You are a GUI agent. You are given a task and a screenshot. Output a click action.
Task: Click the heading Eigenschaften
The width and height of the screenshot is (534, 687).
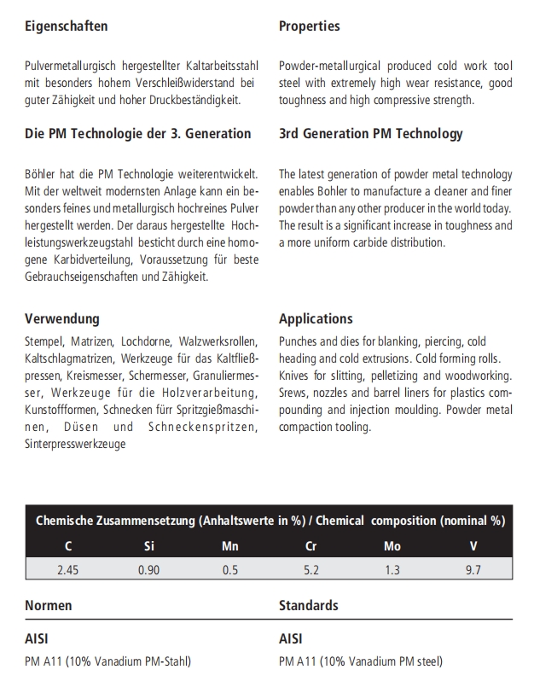point(67,26)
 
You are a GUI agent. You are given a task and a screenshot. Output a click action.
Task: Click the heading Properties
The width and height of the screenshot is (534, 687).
point(309,26)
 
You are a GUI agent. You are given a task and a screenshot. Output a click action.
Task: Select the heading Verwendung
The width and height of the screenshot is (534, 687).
point(62,319)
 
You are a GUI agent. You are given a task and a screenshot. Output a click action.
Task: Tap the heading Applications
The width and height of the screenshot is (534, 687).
point(316,319)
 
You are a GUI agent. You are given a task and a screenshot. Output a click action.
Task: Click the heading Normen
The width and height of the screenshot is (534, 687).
point(49,605)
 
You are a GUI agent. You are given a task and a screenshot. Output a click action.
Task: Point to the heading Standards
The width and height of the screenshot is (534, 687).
point(308,605)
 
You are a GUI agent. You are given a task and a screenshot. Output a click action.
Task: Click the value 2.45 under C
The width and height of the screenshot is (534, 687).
point(67,570)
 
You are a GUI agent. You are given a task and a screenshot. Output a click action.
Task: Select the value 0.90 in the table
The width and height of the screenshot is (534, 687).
point(148,570)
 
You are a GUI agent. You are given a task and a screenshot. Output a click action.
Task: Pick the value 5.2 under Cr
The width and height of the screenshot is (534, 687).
point(311,570)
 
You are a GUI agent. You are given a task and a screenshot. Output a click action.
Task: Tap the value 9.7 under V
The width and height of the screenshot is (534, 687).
point(473,570)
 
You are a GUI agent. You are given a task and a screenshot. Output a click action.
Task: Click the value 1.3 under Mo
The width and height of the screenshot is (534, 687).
point(392,570)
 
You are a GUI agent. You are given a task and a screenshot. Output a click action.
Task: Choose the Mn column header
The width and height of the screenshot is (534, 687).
point(230,546)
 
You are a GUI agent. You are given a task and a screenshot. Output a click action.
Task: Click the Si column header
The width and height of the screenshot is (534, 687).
point(149,546)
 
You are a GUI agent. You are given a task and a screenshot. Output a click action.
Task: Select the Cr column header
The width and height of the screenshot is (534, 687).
point(311,546)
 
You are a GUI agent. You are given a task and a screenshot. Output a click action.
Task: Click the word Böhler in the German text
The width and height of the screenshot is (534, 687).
point(41,173)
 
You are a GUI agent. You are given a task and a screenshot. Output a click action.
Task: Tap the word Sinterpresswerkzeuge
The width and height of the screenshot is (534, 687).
point(75,445)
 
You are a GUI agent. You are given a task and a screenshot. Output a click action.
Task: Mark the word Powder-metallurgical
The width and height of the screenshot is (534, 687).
point(331,66)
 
